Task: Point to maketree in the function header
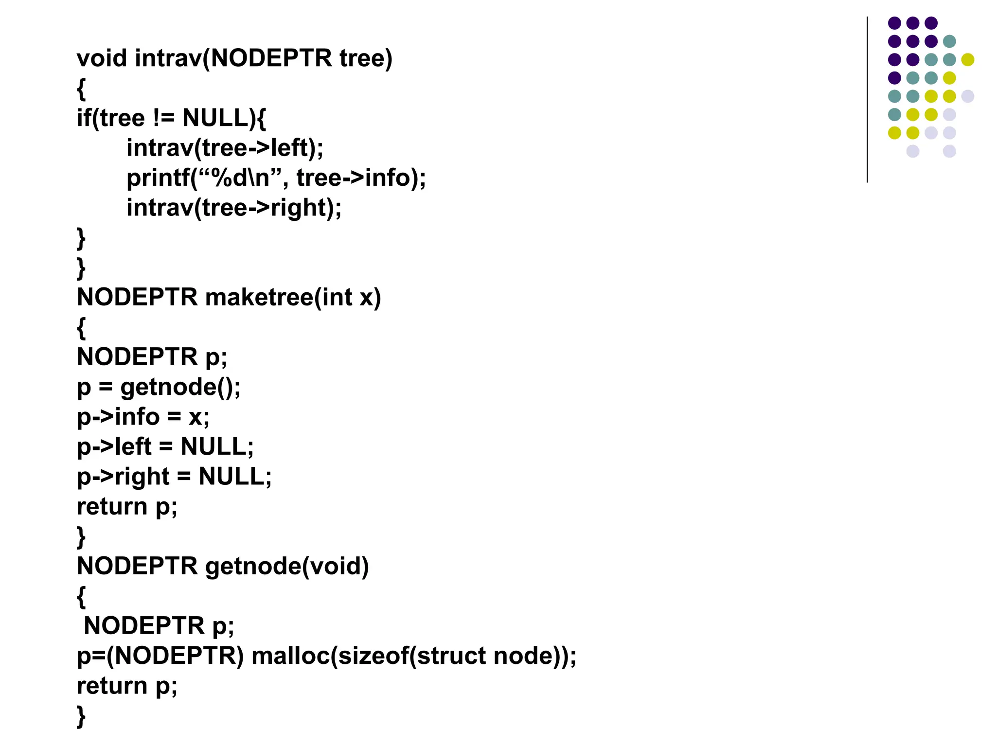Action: [x=260, y=297]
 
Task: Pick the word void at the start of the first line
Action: [x=102, y=58]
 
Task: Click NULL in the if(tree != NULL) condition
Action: [x=215, y=118]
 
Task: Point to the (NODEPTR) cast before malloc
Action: [x=175, y=656]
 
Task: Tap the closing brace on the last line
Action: [x=81, y=716]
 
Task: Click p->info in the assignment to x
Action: [x=118, y=417]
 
